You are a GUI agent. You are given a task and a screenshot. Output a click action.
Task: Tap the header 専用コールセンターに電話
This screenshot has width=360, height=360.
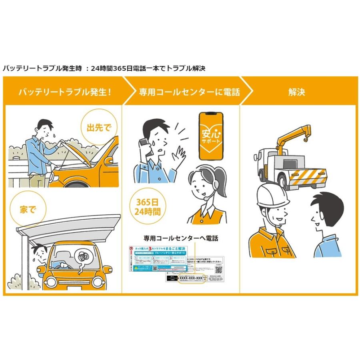[189, 92]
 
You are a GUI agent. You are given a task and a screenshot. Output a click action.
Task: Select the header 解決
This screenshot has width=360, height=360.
[296, 92]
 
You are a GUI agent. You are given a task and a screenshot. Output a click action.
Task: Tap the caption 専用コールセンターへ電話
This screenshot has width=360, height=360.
[181, 238]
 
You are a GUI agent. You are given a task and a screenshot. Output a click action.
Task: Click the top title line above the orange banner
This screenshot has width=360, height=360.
[104, 68]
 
